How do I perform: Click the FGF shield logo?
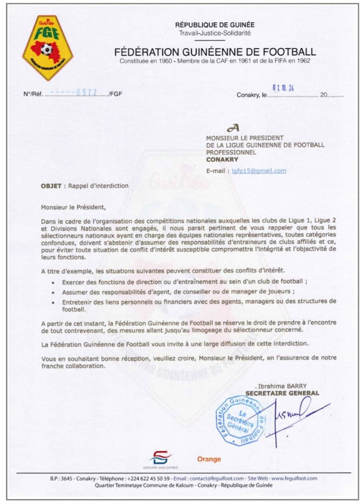coord(48,47)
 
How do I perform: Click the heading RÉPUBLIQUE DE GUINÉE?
coord(215,25)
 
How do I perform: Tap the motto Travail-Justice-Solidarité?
coord(215,33)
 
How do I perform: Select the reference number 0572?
coord(89,92)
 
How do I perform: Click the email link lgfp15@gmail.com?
coord(259,171)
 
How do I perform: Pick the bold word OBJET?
coord(51,186)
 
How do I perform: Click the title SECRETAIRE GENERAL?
coord(283,393)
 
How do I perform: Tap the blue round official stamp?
coord(241,420)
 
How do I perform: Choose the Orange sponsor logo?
coord(209,459)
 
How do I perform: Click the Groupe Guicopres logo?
coord(160,459)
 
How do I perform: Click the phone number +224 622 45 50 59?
coord(148,478)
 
